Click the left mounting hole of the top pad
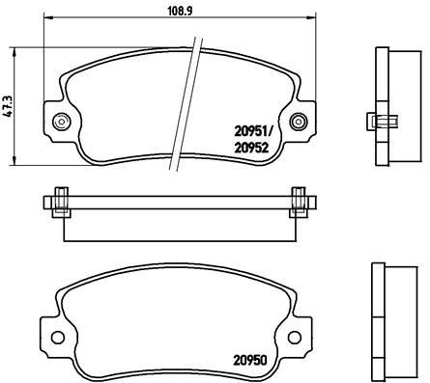tap(63, 121)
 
